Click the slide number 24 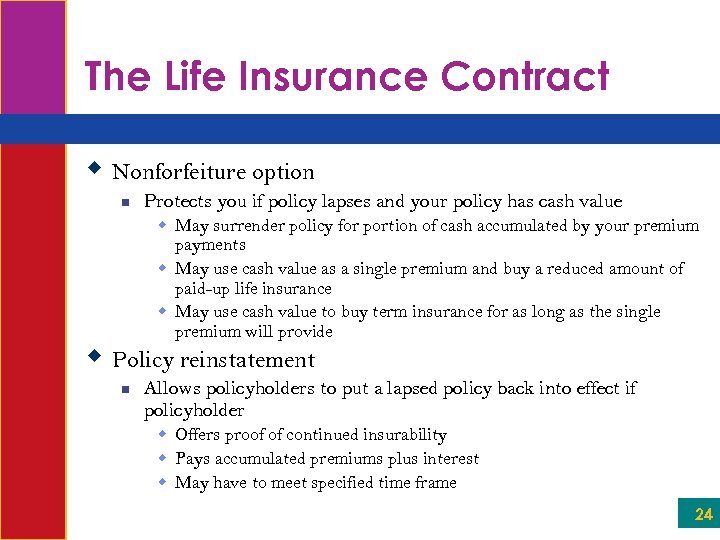(x=704, y=515)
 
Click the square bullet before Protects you (x=123, y=203)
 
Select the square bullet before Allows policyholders (x=123, y=389)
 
